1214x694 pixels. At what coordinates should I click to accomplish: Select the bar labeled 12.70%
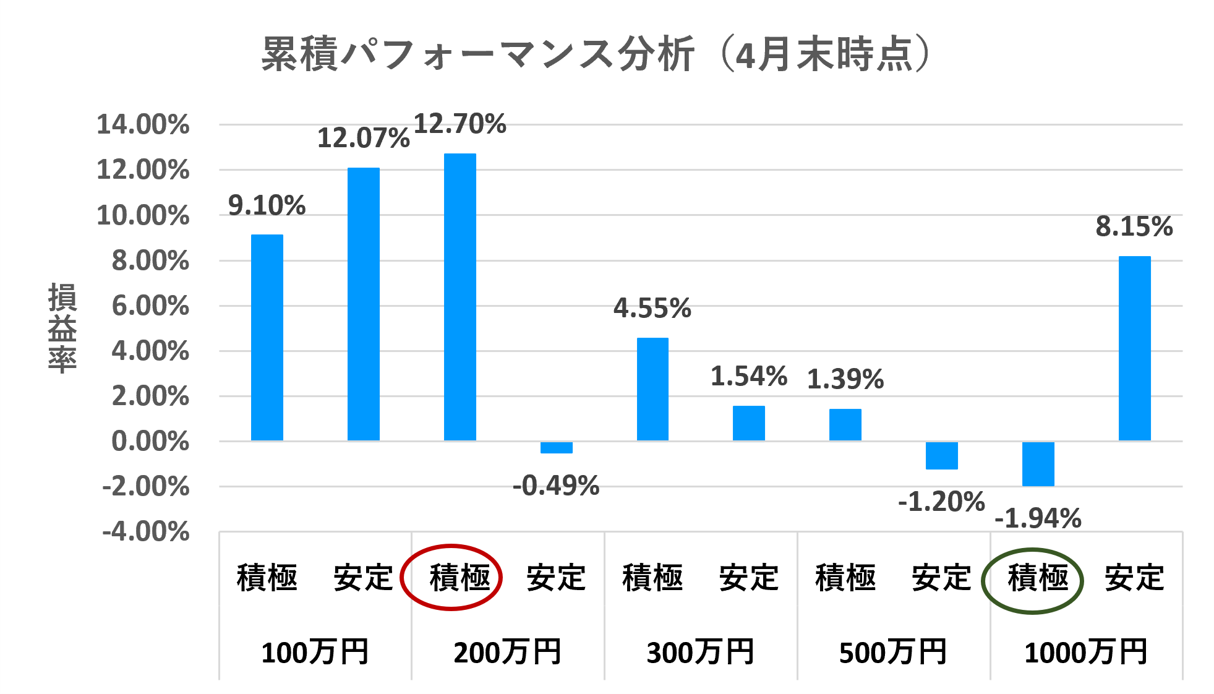460,297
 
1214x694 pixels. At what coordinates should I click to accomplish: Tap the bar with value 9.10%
267,337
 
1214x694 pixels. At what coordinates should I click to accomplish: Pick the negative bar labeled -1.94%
1038,464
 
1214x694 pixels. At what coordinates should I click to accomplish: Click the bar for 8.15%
1134,348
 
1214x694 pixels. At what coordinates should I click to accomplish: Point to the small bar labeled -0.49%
556,447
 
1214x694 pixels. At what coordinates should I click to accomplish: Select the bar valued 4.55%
652,389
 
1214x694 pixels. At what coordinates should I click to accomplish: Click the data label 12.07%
363,138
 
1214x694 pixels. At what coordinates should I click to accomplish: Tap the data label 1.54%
748,376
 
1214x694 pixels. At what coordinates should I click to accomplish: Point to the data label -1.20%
941,502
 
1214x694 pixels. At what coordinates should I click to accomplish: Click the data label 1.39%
845,379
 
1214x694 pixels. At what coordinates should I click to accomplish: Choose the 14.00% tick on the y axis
143,124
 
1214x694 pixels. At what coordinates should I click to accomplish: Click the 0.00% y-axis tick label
150,442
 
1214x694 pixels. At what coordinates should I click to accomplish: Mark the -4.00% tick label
146,532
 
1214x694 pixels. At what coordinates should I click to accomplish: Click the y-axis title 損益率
62,328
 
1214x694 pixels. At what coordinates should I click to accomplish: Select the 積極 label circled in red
460,578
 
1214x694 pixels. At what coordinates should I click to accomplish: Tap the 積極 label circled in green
1038,578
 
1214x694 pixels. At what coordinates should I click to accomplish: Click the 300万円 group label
700,653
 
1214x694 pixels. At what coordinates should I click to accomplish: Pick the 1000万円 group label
1086,653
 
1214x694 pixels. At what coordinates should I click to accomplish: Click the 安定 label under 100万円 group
363,578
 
